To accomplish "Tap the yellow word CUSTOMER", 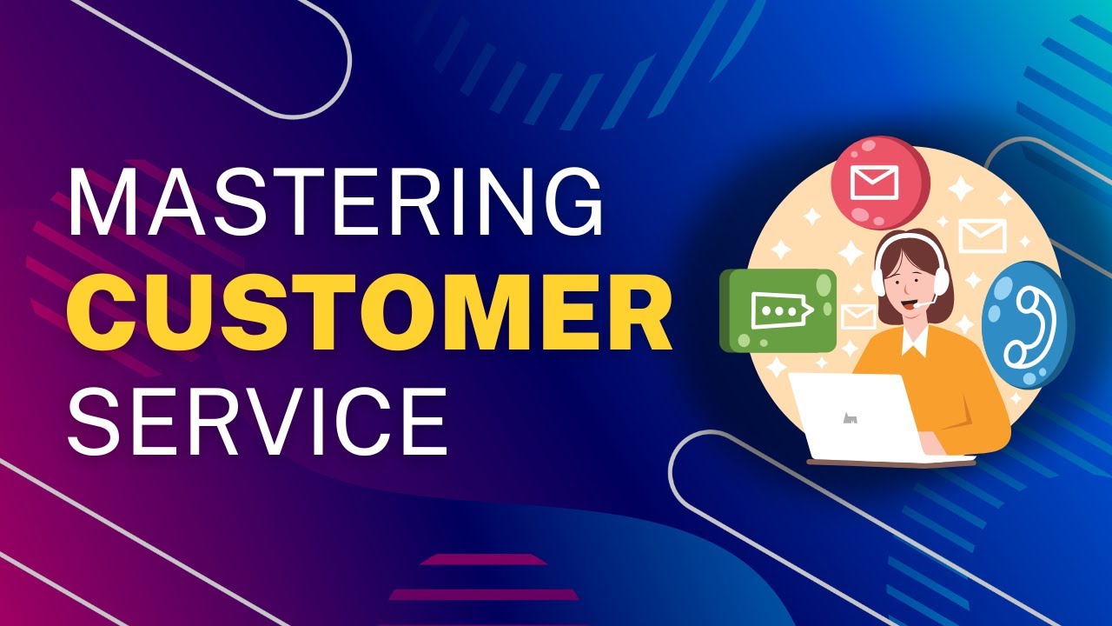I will pyautogui.click(x=369, y=309).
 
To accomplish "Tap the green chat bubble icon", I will pyautogui.click(x=778, y=310).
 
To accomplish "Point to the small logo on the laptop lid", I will pyautogui.click(x=851, y=418).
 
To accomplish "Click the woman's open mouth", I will pyautogui.click(x=910, y=305).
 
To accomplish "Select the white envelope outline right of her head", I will pyautogui.click(x=983, y=236).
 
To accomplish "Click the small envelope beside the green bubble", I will pyautogui.click(x=857, y=315).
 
